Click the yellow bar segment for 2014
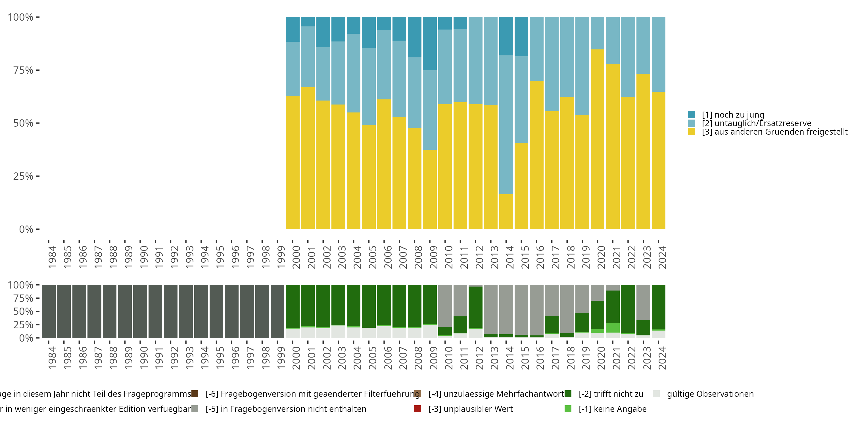pos(506,212)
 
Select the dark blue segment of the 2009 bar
pos(430,43)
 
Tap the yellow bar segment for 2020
pos(597,139)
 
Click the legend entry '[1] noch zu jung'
pos(733,115)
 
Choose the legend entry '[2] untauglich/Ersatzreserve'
pos(756,123)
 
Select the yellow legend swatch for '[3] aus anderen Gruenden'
pos(691,132)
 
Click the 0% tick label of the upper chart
pos(26,229)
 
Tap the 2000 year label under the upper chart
pos(296,257)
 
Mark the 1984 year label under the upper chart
pos(52,257)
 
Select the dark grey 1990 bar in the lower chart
pos(140,311)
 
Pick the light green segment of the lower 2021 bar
pos(613,328)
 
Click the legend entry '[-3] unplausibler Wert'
pos(470,409)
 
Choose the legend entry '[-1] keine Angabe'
pos(612,409)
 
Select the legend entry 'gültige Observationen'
pos(710,394)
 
